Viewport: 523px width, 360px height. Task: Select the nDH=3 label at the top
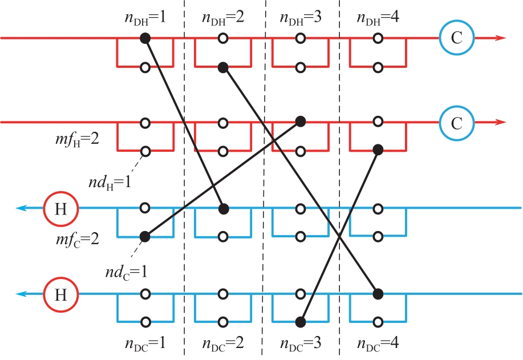click(x=299, y=18)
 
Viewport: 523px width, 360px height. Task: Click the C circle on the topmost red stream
click(x=455, y=38)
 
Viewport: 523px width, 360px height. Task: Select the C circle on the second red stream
click(x=455, y=122)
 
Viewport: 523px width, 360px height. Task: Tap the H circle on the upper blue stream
click(x=60, y=208)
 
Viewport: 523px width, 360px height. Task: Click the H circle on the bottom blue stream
click(x=60, y=294)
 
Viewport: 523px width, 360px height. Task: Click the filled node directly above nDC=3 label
click(x=300, y=322)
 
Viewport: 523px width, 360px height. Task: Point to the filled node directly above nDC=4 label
click(x=377, y=294)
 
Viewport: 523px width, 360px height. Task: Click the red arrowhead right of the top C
click(x=500, y=38)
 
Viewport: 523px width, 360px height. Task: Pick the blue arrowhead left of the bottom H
click(x=21, y=294)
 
